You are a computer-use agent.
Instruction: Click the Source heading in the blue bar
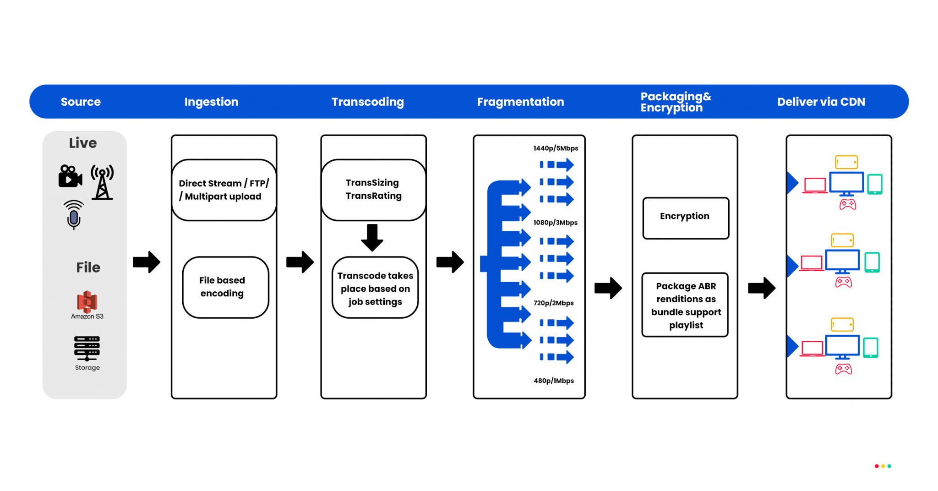click(x=81, y=102)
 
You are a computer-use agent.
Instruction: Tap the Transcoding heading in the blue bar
click(x=367, y=102)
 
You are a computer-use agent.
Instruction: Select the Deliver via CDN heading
click(x=821, y=102)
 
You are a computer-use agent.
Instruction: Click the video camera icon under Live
click(x=70, y=176)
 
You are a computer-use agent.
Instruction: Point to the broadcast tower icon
click(x=102, y=182)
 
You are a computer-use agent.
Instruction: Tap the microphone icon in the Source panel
click(x=74, y=214)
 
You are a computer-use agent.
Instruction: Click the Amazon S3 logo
click(x=87, y=302)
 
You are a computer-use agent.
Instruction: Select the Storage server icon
click(x=87, y=348)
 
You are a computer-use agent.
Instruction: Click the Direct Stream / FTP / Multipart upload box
click(x=224, y=190)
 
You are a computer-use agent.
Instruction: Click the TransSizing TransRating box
click(x=373, y=189)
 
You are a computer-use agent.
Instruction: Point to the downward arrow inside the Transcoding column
click(x=372, y=237)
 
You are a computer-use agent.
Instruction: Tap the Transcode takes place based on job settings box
click(x=375, y=288)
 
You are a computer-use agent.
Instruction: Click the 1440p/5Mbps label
click(x=556, y=148)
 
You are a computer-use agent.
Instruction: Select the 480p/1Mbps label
click(x=553, y=381)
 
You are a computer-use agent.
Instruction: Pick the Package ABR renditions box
click(x=685, y=305)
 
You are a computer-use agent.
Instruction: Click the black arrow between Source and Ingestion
click(x=147, y=262)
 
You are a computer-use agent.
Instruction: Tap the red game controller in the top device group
click(x=847, y=204)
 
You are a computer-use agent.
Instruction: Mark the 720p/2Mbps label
click(x=553, y=303)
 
